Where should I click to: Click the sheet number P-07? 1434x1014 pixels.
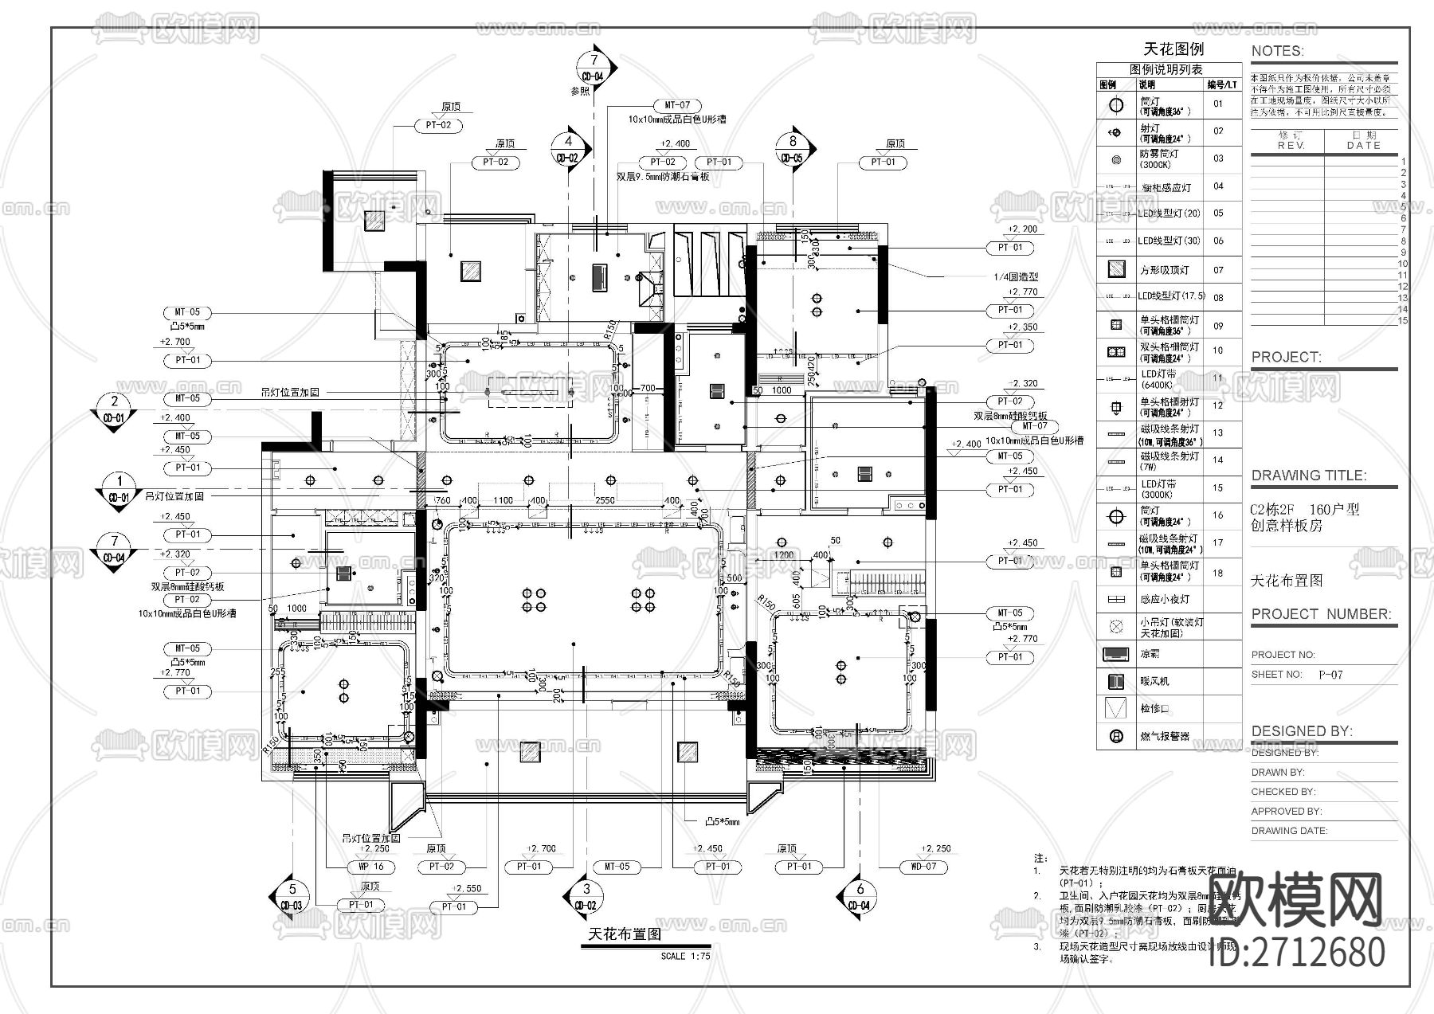click(x=1330, y=675)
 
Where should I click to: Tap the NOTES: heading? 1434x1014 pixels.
click(x=1277, y=51)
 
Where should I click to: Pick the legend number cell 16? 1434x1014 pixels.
click(x=1217, y=515)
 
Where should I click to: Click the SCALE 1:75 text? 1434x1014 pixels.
click(x=685, y=956)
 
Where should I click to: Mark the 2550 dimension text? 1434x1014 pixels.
click(x=605, y=500)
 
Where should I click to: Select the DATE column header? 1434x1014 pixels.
click(x=1363, y=146)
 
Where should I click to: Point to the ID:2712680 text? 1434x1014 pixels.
click(x=1297, y=952)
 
